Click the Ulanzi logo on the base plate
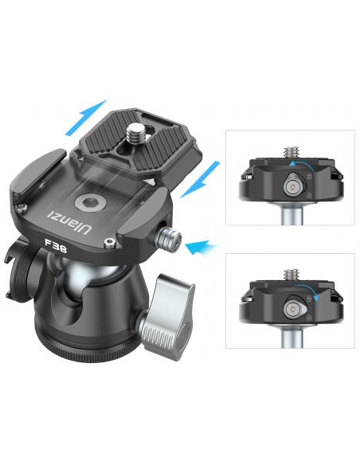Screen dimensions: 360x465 click(68, 222)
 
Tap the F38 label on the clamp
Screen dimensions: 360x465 click(56, 246)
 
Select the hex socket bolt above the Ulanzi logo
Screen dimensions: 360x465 click(88, 203)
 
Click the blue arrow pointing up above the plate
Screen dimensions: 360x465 click(85, 118)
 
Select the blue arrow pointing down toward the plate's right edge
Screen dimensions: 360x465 click(200, 180)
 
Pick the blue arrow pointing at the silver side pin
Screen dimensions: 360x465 click(202, 247)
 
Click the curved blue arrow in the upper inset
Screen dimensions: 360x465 click(299, 164)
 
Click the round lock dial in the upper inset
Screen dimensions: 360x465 click(294, 187)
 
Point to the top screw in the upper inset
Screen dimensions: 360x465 click(292, 153)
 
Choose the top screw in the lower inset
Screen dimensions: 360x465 click(292, 275)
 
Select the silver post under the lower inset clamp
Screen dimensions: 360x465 click(292, 338)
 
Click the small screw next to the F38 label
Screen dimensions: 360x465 click(110, 243)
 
